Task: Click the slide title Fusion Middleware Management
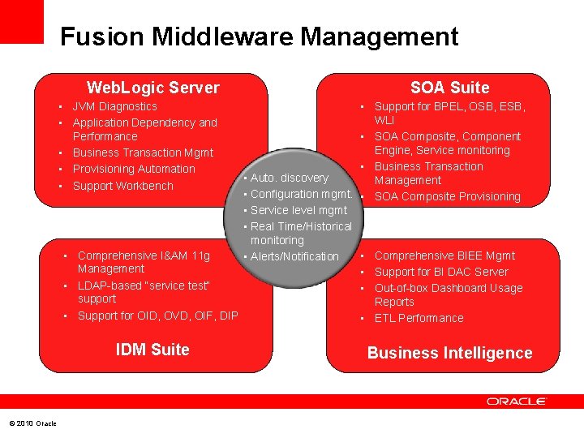[259, 36]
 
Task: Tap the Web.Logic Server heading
[152, 88]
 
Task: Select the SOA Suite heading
[449, 88]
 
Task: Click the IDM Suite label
[152, 350]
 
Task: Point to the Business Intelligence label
[449, 353]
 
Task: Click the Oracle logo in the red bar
[517, 401]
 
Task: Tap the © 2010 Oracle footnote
[32, 423]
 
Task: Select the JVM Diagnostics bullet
[114, 106]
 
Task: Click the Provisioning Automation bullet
[134, 169]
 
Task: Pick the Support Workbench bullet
[122, 186]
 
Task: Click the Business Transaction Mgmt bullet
[143, 152]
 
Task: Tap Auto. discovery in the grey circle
[290, 178]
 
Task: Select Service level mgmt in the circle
[298, 210]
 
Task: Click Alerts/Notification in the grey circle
[294, 256]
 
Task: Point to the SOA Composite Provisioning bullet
[447, 196]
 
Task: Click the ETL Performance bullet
[419, 318]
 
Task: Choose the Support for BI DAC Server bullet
[441, 272]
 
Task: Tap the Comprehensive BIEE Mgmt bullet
[444, 255]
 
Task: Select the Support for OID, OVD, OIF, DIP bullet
[157, 316]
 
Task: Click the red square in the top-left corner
[21, 21]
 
